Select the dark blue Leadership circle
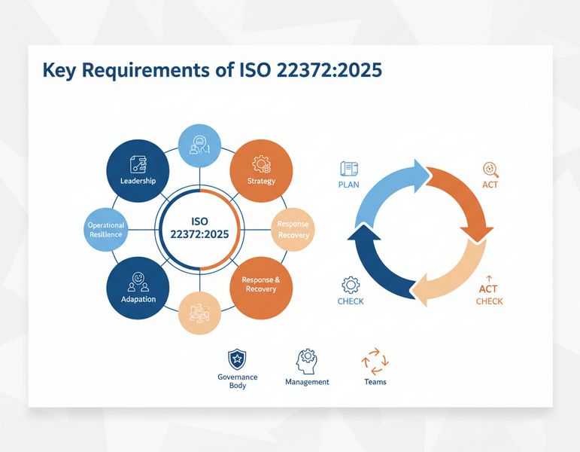click(x=138, y=169)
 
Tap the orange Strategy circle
click(x=261, y=170)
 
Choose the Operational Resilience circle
click(x=106, y=230)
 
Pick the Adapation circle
click(x=138, y=289)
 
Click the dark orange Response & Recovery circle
click(x=261, y=287)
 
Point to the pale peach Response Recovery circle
click(x=293, y=229)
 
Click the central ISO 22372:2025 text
click(x=199, y=228)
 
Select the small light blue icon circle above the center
click(x=199, y=145)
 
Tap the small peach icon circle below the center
click(x=199, y=312)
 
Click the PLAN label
click(x=349, y=185)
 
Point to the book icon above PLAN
click(x=349, y=169)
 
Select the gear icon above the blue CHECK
click(x=351, y=285)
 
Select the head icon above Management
click(x=307, y=361)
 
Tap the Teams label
click(x=375, y=382)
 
